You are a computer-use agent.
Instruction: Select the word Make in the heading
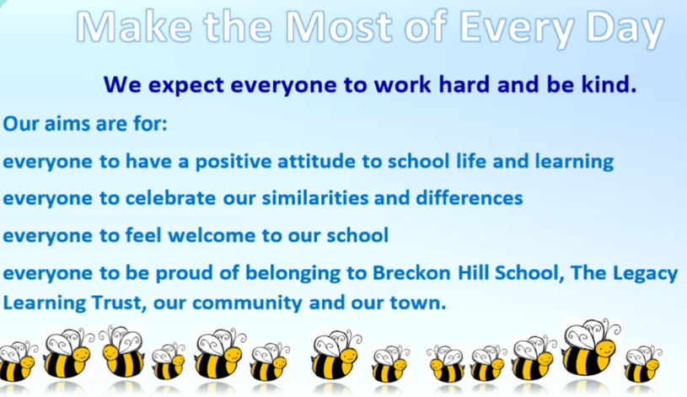pos(135,27)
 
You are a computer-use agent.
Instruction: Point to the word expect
pos(186,85)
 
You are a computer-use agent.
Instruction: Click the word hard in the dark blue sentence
pos(464,83)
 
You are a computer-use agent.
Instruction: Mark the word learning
pos(574,162)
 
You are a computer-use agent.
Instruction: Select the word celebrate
pos(170,198)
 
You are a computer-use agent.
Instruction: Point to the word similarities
pos(314,198)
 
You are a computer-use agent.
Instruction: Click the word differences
pos(469,198)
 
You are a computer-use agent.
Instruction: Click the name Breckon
pos(411,273)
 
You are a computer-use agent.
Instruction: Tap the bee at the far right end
pos(643,363)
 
